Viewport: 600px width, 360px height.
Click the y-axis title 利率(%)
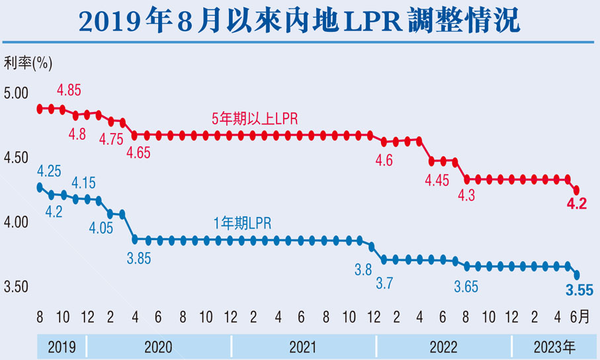tap(28, 64)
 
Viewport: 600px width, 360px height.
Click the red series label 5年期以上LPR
tap(255, 119)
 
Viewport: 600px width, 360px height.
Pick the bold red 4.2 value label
tap(576, 205)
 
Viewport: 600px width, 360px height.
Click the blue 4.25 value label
tap(49, 171)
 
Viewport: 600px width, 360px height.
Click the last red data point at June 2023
tap(576, 190)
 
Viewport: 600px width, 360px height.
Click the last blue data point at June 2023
tap(576, 275)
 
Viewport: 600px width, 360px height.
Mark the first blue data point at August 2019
tap(40, 187)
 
